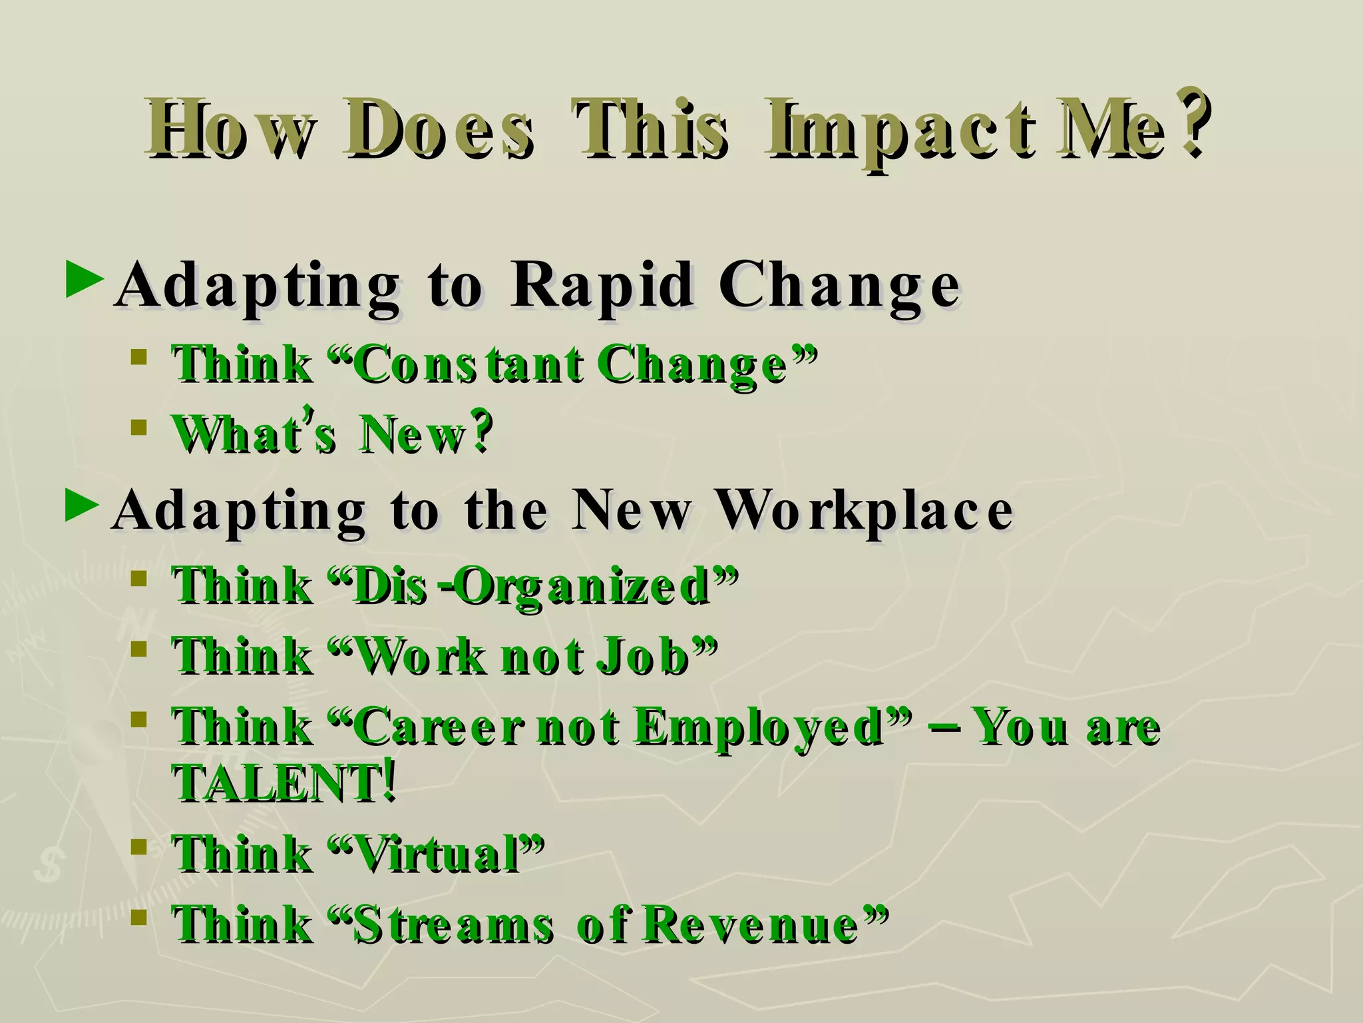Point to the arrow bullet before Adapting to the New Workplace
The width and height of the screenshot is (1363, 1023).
click(x=83, y=506)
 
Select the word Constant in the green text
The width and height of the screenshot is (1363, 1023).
click(x=466, y=364)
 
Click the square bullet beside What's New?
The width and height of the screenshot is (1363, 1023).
click(x=138, y=427)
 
